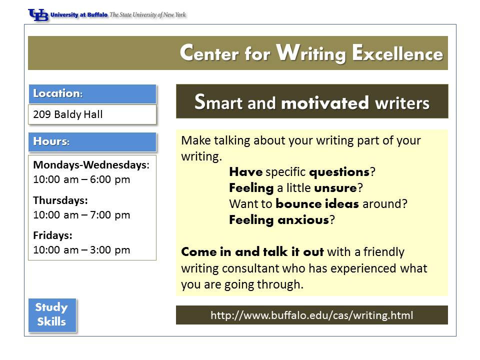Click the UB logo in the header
(x=38, y=14)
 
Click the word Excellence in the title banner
(x=397, y=53)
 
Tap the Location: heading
(x=58, y=93)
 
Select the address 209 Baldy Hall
(x=68, y=114)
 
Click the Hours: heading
(x=51, y=141)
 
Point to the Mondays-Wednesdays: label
(x=91, y=164)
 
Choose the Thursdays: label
(x=60, y=200)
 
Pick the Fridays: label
(x=52, y=235)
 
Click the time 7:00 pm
(x=110, y=215)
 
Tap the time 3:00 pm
(x=110, y=250)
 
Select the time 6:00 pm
(x=110, y=179)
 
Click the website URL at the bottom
(x=312, y=315)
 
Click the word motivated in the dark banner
(x=325, y=103)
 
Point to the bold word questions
(x=339, y=172)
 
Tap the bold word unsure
(x=335, y=188)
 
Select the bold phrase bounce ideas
(x=317, y=204)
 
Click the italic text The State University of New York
(x=147, y=14)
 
